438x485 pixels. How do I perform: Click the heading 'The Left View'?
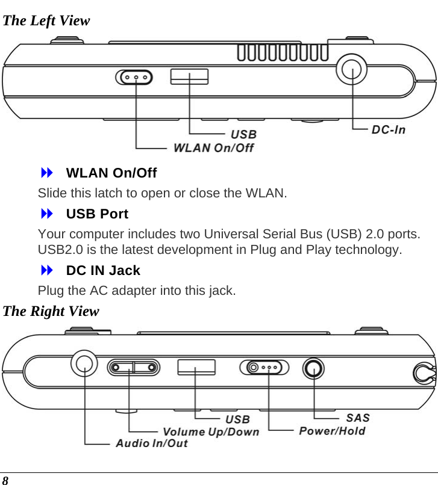coord(46,21)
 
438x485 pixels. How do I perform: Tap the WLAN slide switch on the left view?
coord(134,78)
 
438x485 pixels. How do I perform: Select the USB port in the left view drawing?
coord(189,76)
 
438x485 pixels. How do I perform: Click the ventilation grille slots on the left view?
coord(283,54)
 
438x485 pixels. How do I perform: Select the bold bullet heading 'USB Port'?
coord(96,214)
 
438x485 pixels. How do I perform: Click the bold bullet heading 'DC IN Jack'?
coord(102,270)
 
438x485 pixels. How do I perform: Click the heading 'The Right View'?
coord(51,312)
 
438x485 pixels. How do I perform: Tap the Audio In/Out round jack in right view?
coord(84,363)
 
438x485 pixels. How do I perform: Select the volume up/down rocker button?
coord(134,367)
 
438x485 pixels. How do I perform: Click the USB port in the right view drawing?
coord(196,366)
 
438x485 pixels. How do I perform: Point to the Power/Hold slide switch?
coord(264,367)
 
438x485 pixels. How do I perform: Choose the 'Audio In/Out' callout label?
coord(151,443)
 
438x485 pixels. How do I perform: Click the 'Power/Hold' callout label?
coord(332,431)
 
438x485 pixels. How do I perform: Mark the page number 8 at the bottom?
coord(5,480)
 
